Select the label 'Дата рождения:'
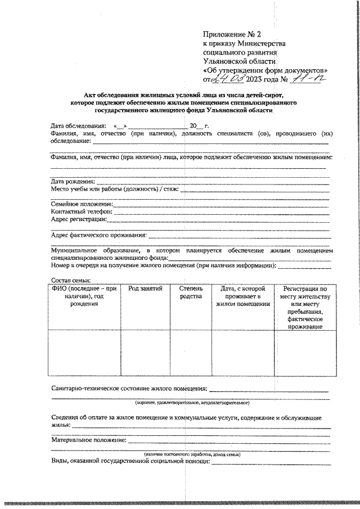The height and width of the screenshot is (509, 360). point(73,182)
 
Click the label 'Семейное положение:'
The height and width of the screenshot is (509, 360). point(82,204)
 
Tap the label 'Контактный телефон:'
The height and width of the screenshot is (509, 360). point(82,211)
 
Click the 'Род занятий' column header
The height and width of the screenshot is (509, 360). point(145,289)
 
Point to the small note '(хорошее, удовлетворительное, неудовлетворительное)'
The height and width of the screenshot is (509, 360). point(192,403)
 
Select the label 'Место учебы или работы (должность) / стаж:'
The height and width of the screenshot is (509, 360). point(115,190)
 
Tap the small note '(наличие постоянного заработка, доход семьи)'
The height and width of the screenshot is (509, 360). point(192,453)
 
